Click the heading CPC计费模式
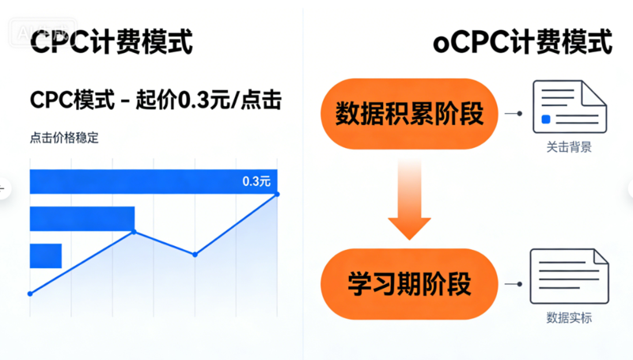[111, 41]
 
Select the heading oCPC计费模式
[523, 41]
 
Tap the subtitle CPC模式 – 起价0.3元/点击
[156, 100]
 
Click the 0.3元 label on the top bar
[256, 181]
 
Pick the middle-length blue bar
[81, 219]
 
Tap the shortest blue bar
[45, 256]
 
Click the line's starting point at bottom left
[30, 294]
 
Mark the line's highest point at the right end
[278, 194]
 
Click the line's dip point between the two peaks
[195, 254]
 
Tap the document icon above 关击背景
[568, 108]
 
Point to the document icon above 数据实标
[568, 278]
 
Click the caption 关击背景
[568, 148]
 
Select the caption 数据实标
[568, 318]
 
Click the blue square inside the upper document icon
[546, 120]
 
